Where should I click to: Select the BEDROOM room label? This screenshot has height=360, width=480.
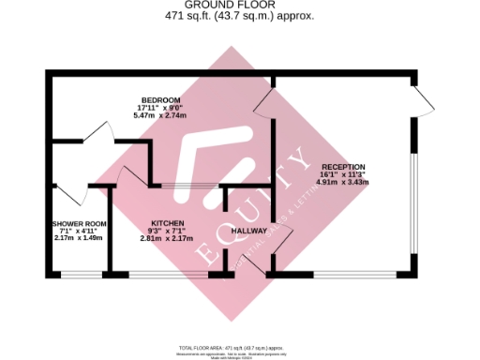pos(155,99)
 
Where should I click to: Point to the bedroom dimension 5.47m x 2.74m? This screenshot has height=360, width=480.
pos(155,114)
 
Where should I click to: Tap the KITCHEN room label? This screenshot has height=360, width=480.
pos(167,223)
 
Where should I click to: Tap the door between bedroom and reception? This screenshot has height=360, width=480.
pos(262,103)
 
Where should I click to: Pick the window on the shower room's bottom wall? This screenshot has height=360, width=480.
pos(79,274)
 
